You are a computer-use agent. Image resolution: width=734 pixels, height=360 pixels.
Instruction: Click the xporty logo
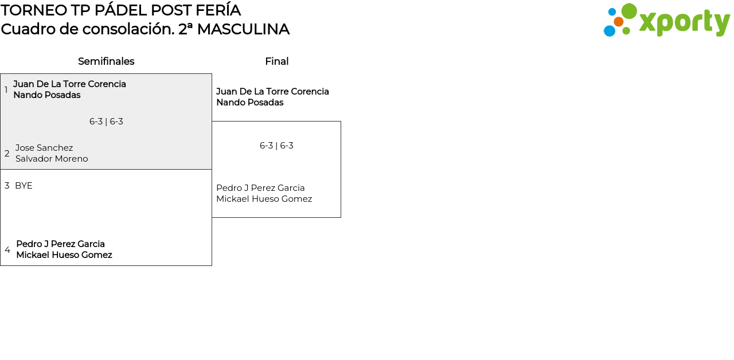click(666, 21)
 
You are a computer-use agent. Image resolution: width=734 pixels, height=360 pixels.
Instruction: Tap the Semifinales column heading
click(106, 61)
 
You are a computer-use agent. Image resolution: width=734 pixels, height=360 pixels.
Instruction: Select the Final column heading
click(276, 61)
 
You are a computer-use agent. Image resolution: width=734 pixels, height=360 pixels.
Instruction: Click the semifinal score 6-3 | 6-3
click(106, 122)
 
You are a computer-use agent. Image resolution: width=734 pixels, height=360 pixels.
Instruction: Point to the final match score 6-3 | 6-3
click(276, 146)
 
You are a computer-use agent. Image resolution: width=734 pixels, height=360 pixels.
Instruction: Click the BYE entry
click(24, 186)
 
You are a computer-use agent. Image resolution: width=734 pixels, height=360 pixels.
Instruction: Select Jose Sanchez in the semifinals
click(44, 148)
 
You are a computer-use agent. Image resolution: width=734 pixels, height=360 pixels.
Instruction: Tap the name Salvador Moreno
click(52, 159)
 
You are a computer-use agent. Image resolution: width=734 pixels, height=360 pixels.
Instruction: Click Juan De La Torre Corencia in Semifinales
click(69, 84)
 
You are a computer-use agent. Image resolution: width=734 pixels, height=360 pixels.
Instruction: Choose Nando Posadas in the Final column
click(249, 103)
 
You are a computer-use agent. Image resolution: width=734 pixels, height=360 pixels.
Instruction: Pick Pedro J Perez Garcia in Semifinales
click(60, 244)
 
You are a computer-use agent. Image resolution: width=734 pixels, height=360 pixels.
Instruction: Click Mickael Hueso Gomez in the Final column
click(264, 199)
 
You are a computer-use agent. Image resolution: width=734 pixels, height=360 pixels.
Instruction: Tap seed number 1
click(6, 90)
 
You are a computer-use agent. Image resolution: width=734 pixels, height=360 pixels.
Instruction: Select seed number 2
click(7, 154)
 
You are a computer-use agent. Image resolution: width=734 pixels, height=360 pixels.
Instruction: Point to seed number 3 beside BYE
click(7, 186)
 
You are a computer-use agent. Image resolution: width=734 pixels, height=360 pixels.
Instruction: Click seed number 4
click(7, 250)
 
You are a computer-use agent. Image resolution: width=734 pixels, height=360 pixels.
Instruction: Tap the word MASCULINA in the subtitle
click(243, 29)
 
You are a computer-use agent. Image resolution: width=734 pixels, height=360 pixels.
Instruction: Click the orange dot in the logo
click(618, 22)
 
